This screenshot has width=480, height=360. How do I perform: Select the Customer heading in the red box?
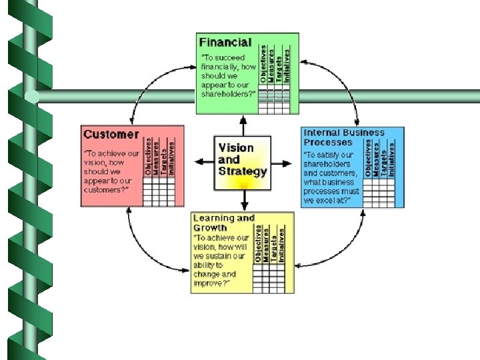[x=111, y=134]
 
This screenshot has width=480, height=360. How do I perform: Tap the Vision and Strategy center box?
[x=243, y=159]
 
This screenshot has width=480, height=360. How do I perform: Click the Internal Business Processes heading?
[x=344, y=137]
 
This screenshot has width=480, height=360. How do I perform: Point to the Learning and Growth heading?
[x=223, y=222]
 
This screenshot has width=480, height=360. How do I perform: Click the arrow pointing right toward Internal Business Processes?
[x=284, y=161]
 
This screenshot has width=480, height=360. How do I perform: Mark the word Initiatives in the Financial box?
[x=287, y=65]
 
